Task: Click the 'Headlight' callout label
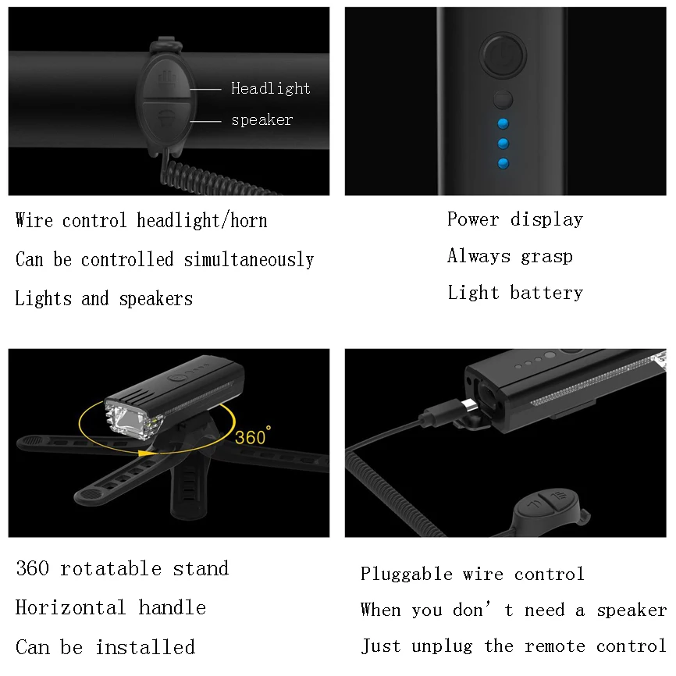pyautogui.click(x=270, y=88)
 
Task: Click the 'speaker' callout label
pyautogui.click(x=262, y=120)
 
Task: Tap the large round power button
pyautogui.click(x=502, y=55)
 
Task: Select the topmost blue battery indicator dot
pyautogui.click(x=503, y=123)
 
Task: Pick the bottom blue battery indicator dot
pyautogui.click(x=503, y=163)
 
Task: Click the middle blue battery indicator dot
pyautogui.click(x=503, y=144)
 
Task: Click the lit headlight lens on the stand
pyautogui.click(x=126, y=418)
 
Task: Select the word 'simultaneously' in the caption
pyautogui.click(x=249, y=259)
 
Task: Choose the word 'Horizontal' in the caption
pyautogui.click(x=70, y=607)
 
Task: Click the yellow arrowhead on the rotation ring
pyautogui.click(x=145, y=452)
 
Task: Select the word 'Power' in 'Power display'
pyautogui.click(x=472, y=219)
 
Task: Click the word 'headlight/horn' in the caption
pyautogui.click(x=201, y=221)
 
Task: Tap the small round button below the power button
pyautogui.click(x=502, y=99)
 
